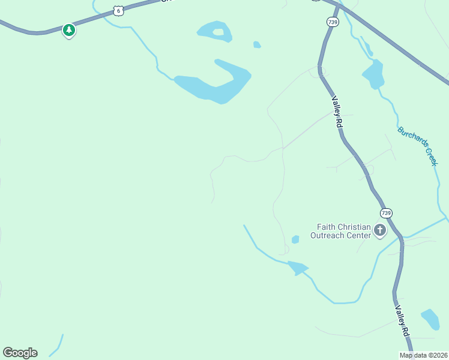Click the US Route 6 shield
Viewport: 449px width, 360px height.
click(119, 10)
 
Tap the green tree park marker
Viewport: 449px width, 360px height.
click(69, 30)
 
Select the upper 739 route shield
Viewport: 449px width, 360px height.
click(333, 22)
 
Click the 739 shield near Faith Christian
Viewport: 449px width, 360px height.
click(386, 213)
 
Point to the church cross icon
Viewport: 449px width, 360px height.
click(379, 230)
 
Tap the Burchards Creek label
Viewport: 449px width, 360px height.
click(418, 146)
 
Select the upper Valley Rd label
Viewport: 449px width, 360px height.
click(337, 112)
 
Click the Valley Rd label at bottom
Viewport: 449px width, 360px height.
click(402, 322)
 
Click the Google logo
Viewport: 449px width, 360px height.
click(20, 353)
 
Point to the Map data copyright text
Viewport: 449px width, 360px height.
click(423, 355)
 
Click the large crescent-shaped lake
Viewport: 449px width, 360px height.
click(216, 84)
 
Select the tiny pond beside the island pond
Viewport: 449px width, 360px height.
click(257, 44)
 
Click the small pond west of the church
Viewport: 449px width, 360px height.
click(295, 239)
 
